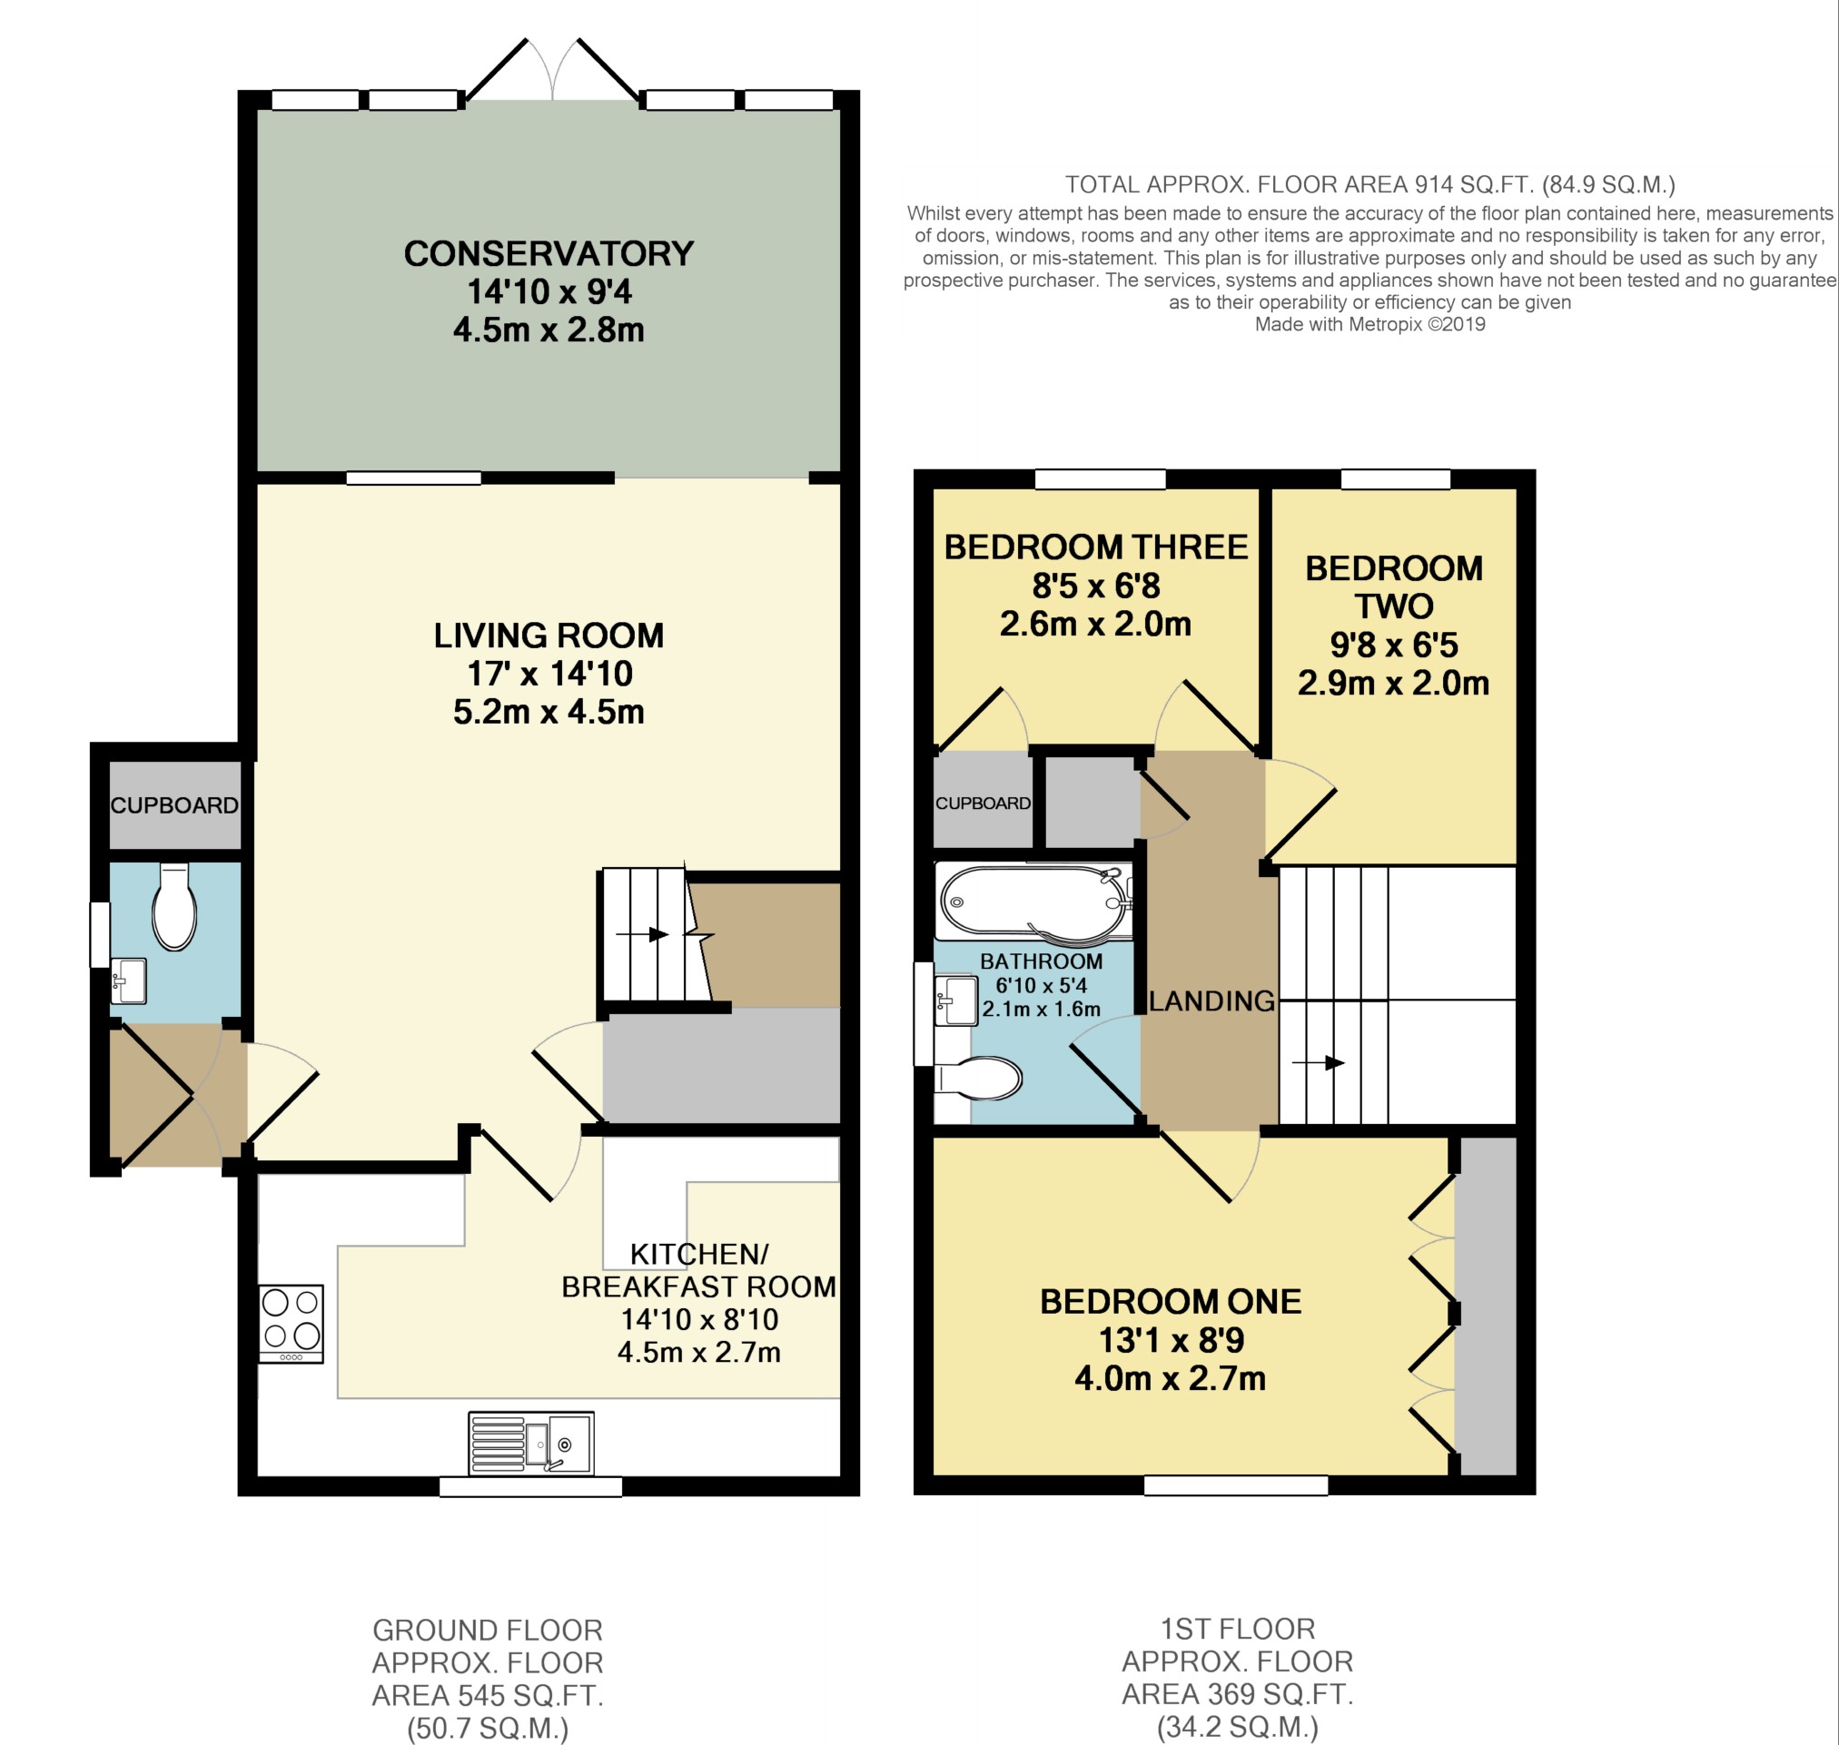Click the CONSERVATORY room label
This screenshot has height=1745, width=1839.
(x=549, y=254)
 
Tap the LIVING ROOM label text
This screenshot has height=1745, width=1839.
(x=549, y=636)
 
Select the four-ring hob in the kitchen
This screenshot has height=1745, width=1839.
(x=292, y=1324)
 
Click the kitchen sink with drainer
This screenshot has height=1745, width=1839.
(x=530, y=1443)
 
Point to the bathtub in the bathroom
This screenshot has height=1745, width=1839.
(x=1033, y=902)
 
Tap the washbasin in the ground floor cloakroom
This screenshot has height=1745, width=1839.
(x=128, y=981)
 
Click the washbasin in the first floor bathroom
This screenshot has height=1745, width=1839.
(x=955, y=1000)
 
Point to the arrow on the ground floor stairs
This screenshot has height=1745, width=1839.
(x=642, y=933)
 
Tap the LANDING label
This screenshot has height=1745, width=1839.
(x=1211, y=1001)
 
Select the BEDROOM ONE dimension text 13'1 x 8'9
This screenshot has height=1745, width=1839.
(x=1172, y=1340)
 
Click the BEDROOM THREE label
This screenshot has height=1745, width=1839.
(x=1096, y=547)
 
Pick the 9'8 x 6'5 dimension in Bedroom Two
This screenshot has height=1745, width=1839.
(x=1393, y=645)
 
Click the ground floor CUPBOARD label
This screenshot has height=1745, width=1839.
(x=175, y=804)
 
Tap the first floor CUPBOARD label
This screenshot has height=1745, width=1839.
(x=984, y=803)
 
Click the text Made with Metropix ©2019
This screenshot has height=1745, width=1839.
(x=1370, y=325)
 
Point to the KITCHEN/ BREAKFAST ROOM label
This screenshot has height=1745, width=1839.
(x=699, y=1270)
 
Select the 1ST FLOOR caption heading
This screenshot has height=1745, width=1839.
(x=1237, y=1629)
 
